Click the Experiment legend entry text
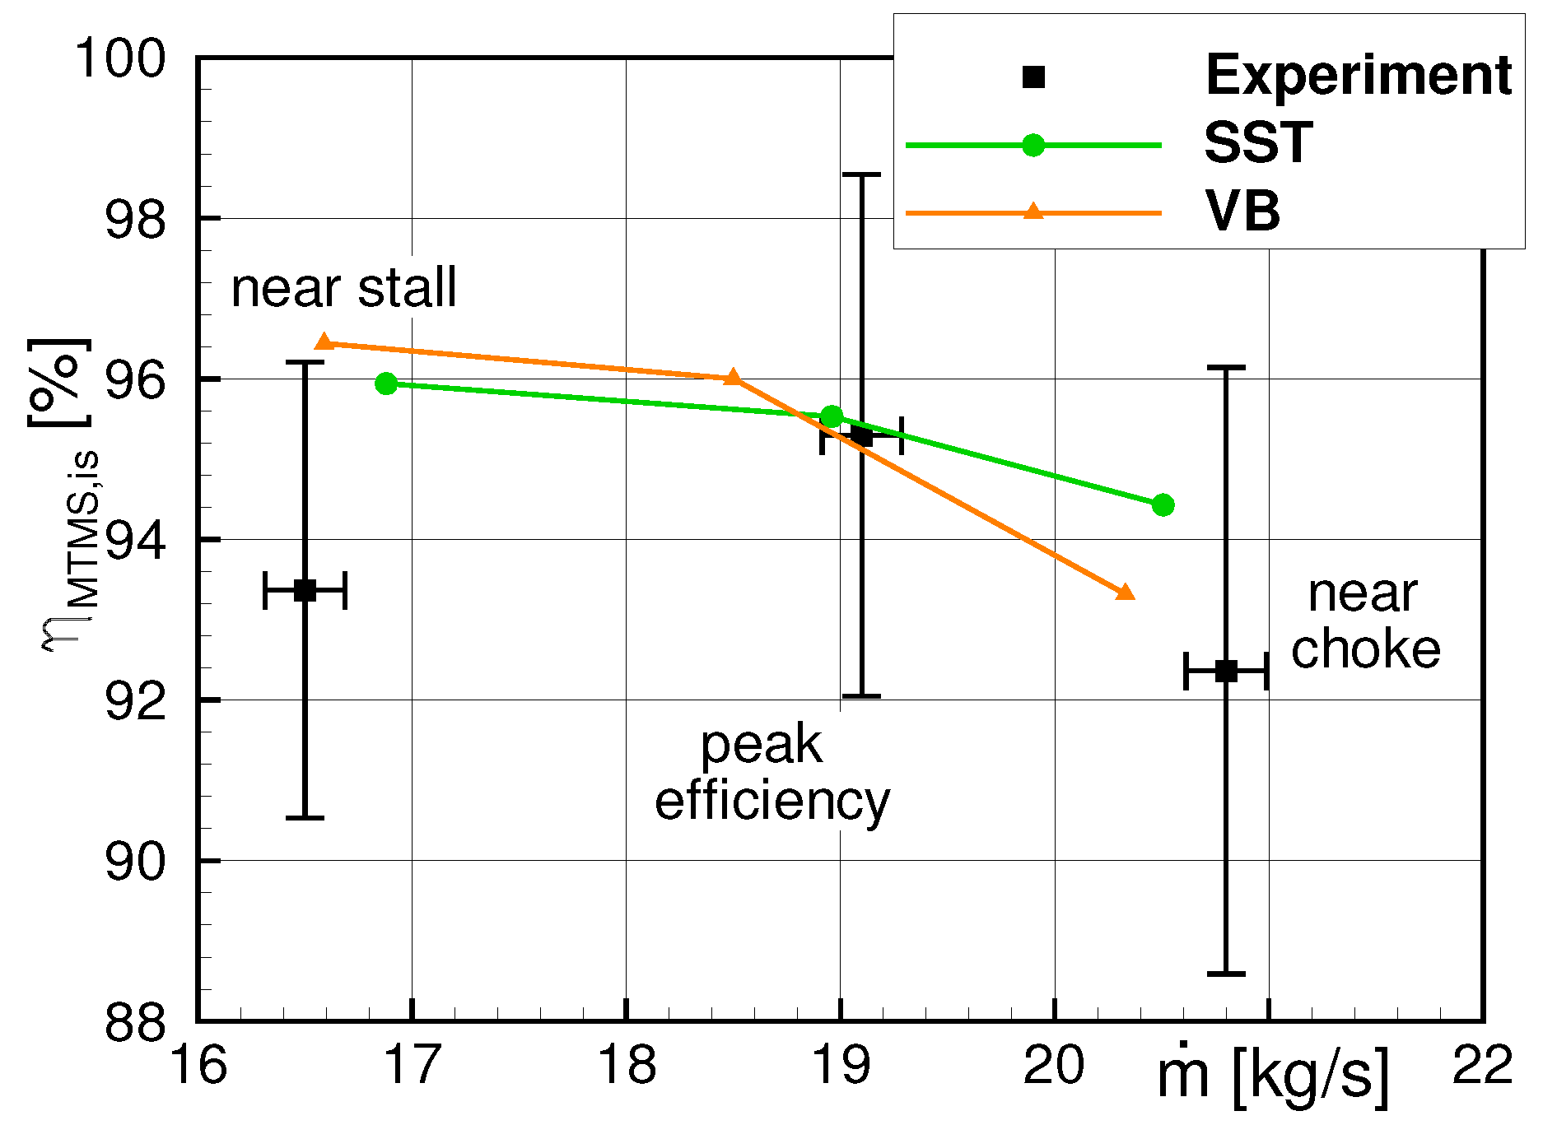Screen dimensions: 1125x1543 coord(1358,76)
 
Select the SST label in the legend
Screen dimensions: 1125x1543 coord(1258,143)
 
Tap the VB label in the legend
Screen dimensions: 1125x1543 coord(1242,212)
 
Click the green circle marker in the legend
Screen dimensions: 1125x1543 coord(1033,146)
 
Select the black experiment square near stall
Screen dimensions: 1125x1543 coord(305,590)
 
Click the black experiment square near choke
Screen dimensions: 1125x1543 coord(1226,671)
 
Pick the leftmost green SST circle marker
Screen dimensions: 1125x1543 coord(386,384)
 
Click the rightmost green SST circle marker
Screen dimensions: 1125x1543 coord(1163,504)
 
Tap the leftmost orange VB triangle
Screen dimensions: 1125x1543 coord(324,342)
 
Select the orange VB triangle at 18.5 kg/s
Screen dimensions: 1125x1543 coord(733,378)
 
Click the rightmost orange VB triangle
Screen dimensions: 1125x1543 coord(1125,592)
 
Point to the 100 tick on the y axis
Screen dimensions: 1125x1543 coord(120,59)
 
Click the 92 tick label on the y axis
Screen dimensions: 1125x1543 coord(135,702)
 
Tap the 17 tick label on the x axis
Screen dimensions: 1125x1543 coord(412,1065)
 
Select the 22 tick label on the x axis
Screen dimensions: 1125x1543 coord(1482,1065)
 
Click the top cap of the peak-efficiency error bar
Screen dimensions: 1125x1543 coord(861,174)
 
